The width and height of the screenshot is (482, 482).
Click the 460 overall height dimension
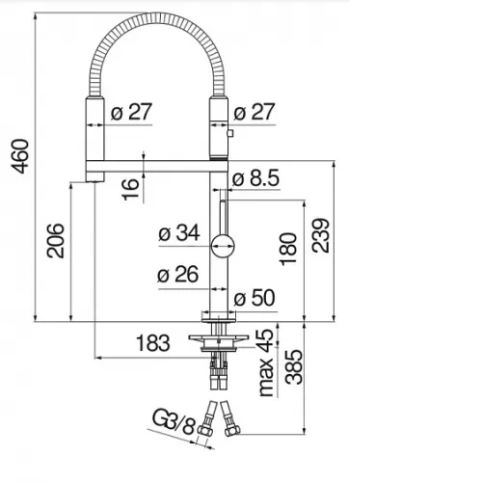tap(20, 156)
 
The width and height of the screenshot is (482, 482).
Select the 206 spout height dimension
tap(56, 241)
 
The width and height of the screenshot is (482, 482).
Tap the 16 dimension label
tap(131, 190)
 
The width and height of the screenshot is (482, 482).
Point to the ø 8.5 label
tap(255, 178)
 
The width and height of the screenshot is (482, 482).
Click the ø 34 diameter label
tap(179, 233)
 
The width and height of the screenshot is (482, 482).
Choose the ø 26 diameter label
tap(177, 275)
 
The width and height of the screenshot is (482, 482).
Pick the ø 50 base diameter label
tap(254, 298)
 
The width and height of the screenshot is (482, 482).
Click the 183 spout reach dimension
tap(152, 343)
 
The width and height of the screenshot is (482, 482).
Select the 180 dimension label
tap(288, 249)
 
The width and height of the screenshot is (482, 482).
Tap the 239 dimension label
tap(320, 235)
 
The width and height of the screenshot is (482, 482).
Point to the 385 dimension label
tap(294, 367)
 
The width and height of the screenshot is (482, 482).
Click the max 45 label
tap(266, 362)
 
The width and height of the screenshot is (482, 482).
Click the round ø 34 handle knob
tap(223, 246)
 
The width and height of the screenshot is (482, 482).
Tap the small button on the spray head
tap(230, 133)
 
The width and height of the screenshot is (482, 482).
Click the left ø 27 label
tap(131, 112)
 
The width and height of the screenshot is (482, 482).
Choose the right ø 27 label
tap(254, 112)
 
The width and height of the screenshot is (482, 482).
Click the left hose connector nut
tap(204, 430)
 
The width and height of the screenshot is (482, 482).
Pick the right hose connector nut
tap(232, 430)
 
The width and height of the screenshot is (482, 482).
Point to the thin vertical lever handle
tap(223, 218)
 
